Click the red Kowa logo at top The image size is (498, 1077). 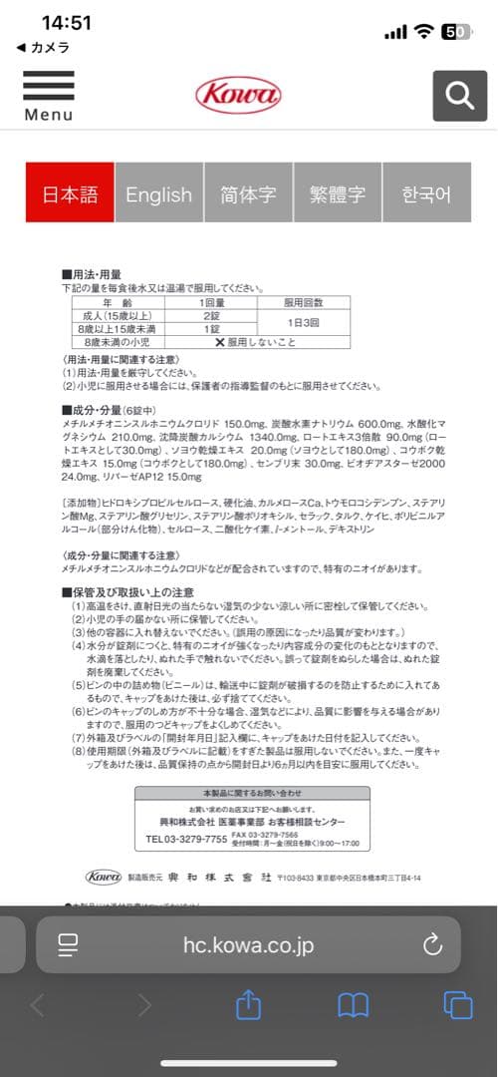coord(238,95)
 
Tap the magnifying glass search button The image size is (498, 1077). coord(459,96)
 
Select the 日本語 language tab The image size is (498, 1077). coord(70,194)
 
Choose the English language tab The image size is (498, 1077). coord(158,194)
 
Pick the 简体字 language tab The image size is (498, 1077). coord(248,194)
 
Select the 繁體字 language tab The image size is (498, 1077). coord(338,194)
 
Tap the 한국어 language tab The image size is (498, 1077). coord(426,194)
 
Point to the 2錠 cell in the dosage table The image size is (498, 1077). coord(212,314)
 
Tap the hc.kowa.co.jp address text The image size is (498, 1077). coord(249,944)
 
